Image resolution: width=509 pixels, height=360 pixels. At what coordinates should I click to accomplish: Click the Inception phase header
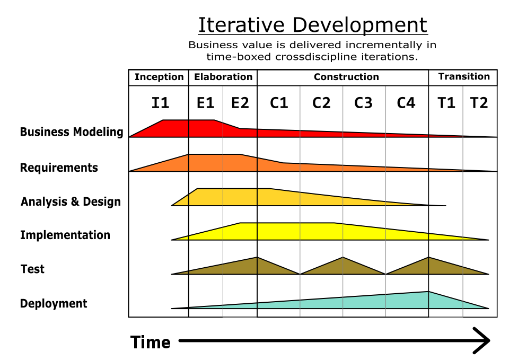tap(159, 77)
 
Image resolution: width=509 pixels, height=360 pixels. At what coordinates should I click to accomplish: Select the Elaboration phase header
tap(223, 77)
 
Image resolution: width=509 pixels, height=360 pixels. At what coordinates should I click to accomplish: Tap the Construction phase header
tap(346, 77)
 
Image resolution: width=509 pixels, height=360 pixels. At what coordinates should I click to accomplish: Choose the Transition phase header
tap(464, 77)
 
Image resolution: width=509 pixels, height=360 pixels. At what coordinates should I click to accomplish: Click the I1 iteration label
tap(160, 103)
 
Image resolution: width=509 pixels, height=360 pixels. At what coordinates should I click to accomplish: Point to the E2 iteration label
tap(240, 103)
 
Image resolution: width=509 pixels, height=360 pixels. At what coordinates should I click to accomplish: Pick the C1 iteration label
tap(279, 103)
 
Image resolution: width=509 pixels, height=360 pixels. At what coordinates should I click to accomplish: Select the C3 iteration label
tap(363, 103)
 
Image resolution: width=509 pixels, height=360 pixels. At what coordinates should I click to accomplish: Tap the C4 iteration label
tap(406, 103)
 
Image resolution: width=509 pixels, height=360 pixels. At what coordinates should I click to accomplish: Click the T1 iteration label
tap(446, 103)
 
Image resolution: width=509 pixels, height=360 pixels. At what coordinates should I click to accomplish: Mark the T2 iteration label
tap(479, 103)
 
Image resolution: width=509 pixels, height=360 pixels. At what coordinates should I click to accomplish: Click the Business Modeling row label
tap(72, 132)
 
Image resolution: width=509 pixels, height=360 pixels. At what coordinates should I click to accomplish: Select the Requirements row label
tap(59, 168)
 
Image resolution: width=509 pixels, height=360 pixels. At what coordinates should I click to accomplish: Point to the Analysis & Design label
tap(71, 202)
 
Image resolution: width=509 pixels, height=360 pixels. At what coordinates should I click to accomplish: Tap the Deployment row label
tap(54, 304)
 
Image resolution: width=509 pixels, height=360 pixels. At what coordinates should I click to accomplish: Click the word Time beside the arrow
tap(151, 343)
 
